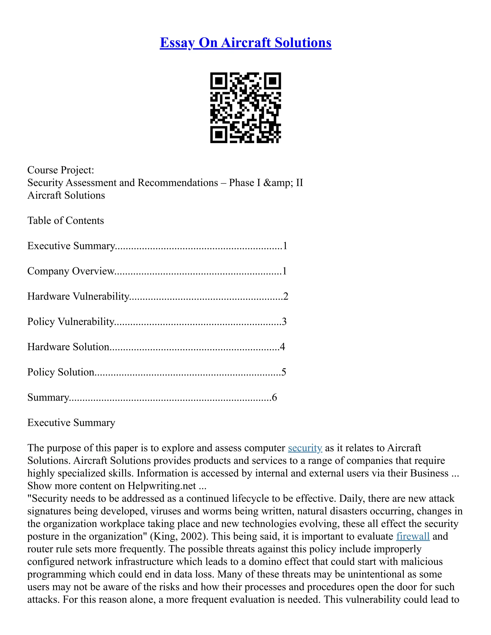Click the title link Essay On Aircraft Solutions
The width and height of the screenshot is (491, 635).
point(245,42)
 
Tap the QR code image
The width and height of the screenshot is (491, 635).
point(245,108)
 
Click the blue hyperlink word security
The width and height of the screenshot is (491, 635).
point(305,448)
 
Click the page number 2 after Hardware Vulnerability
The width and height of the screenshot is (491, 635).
point(286,296)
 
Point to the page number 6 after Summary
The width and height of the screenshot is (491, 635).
point(274,398)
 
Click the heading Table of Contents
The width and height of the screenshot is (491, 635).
point(65,220)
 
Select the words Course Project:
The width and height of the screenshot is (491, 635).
point(60,170)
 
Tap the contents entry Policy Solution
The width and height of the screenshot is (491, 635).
point(60,372)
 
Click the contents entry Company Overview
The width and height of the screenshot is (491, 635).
point(71,271)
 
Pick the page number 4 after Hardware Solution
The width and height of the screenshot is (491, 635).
point(282,347)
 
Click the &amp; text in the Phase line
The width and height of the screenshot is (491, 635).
point(278,183)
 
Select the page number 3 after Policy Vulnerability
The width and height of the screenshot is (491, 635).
point(284,322)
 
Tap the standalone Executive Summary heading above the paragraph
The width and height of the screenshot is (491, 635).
point(71,422)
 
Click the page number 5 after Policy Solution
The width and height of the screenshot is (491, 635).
point(284,372)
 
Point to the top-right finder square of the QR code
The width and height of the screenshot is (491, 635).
point(272,81)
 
